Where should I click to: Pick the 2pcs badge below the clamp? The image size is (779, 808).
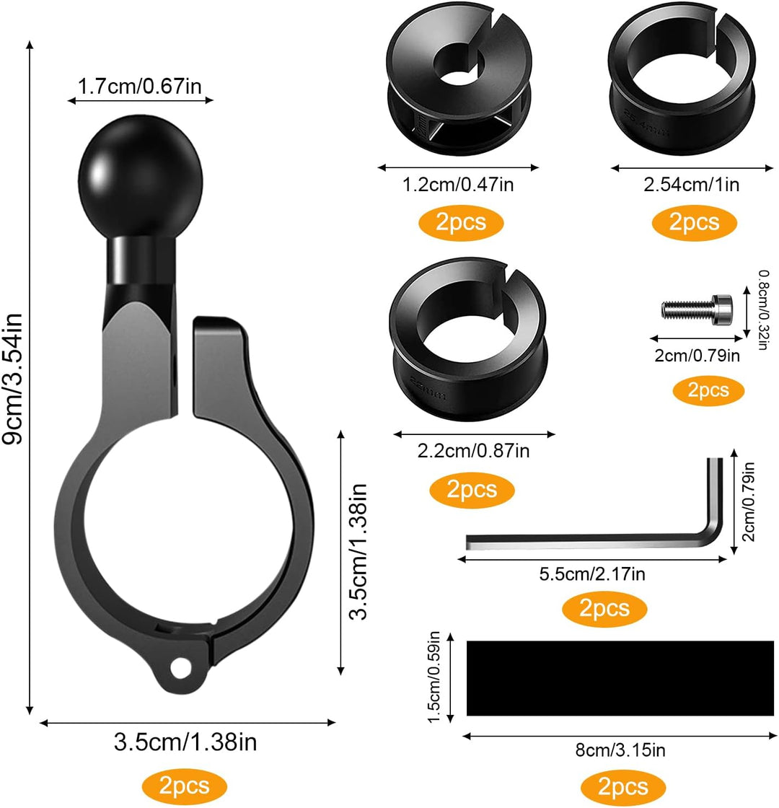(x=185, y=785)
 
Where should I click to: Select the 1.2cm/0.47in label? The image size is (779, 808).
(x=459, y=185)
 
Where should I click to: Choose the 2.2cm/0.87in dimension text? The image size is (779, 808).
(x=474, y=452)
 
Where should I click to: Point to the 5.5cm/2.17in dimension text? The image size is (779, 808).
(x=592, y=574)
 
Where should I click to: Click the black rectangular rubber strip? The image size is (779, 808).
(x=620, y=677)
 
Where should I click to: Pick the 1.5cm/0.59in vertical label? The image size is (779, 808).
(x=435, y=677)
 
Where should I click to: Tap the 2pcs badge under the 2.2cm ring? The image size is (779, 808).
(x=472, y=490)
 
